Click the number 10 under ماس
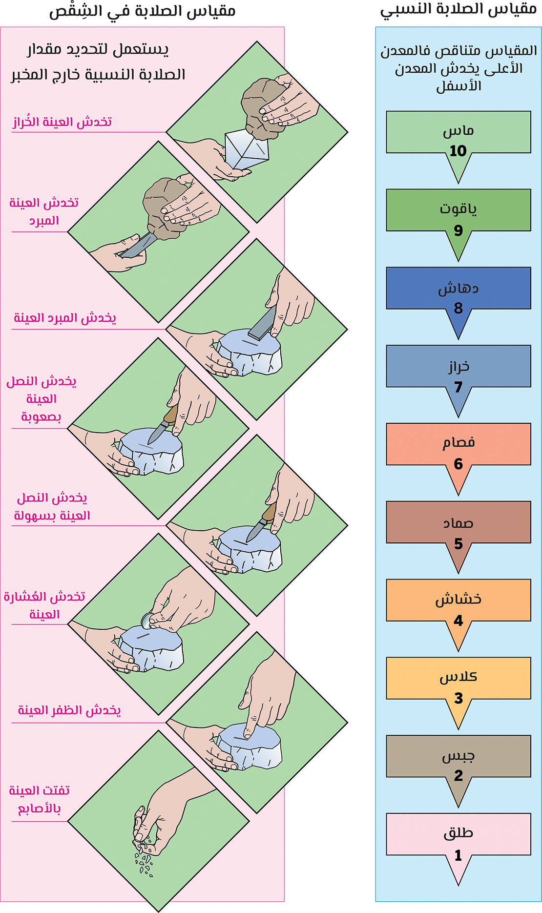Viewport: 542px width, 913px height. tap(458, 151)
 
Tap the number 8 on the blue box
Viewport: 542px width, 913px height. tap(458, 308)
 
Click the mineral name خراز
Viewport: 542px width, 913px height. tap(459, 367)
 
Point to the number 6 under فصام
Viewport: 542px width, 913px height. tap(458, 464)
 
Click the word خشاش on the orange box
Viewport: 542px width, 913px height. tap(459, 599)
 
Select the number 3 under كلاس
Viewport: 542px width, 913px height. tap(458, 698)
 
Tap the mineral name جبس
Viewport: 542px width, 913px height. tap(458, 756)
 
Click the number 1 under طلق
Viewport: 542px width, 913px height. tap(458, 855)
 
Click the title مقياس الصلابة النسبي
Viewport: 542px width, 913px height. tap(459, 10)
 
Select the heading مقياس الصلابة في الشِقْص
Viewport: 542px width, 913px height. tap(142, 11)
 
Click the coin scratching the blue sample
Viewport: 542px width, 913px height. tap(147, 621)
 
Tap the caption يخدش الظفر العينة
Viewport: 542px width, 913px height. tap(69, 710)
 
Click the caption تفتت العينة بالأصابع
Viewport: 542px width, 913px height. tap(40, 799)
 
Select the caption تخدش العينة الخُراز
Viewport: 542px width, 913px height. tap(62, 122)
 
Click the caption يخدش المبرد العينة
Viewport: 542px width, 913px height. tap(65, 318)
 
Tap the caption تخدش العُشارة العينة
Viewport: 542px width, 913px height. tap(44, 605)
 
